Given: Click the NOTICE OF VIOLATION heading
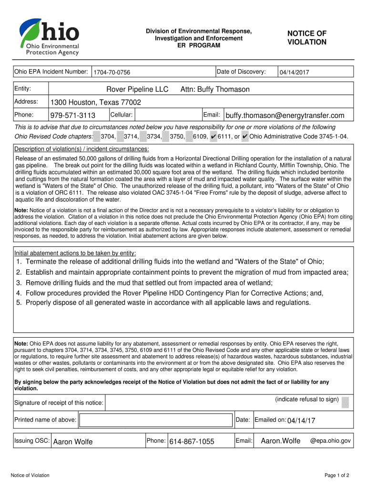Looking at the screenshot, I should point(306,38).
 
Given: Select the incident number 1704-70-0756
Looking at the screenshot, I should point(112,72).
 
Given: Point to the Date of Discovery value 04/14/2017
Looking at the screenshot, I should point(295,72).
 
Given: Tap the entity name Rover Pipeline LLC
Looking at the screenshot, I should point(137,89).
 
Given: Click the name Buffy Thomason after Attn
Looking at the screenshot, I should point(224,89).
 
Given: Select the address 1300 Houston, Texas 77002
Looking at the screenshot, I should point(96,103).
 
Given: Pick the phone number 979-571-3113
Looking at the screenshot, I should point(73,116).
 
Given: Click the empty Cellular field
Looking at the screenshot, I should point(167,115).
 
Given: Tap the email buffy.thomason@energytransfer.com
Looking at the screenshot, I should point(285,116).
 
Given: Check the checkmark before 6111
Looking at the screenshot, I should point(213,137).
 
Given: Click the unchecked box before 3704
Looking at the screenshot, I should point(97,137).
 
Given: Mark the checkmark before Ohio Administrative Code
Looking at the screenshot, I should point(245,137).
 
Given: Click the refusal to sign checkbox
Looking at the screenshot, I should point(345,402).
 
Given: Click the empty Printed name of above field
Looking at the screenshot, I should point(156,420).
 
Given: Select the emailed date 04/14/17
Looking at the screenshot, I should point(301,420).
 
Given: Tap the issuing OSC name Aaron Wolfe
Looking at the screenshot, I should point(73,442).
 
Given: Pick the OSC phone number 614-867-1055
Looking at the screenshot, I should point(192,442).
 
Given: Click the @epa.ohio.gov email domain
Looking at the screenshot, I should point(330,441).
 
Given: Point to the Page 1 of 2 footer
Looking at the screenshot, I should point(337,475).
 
